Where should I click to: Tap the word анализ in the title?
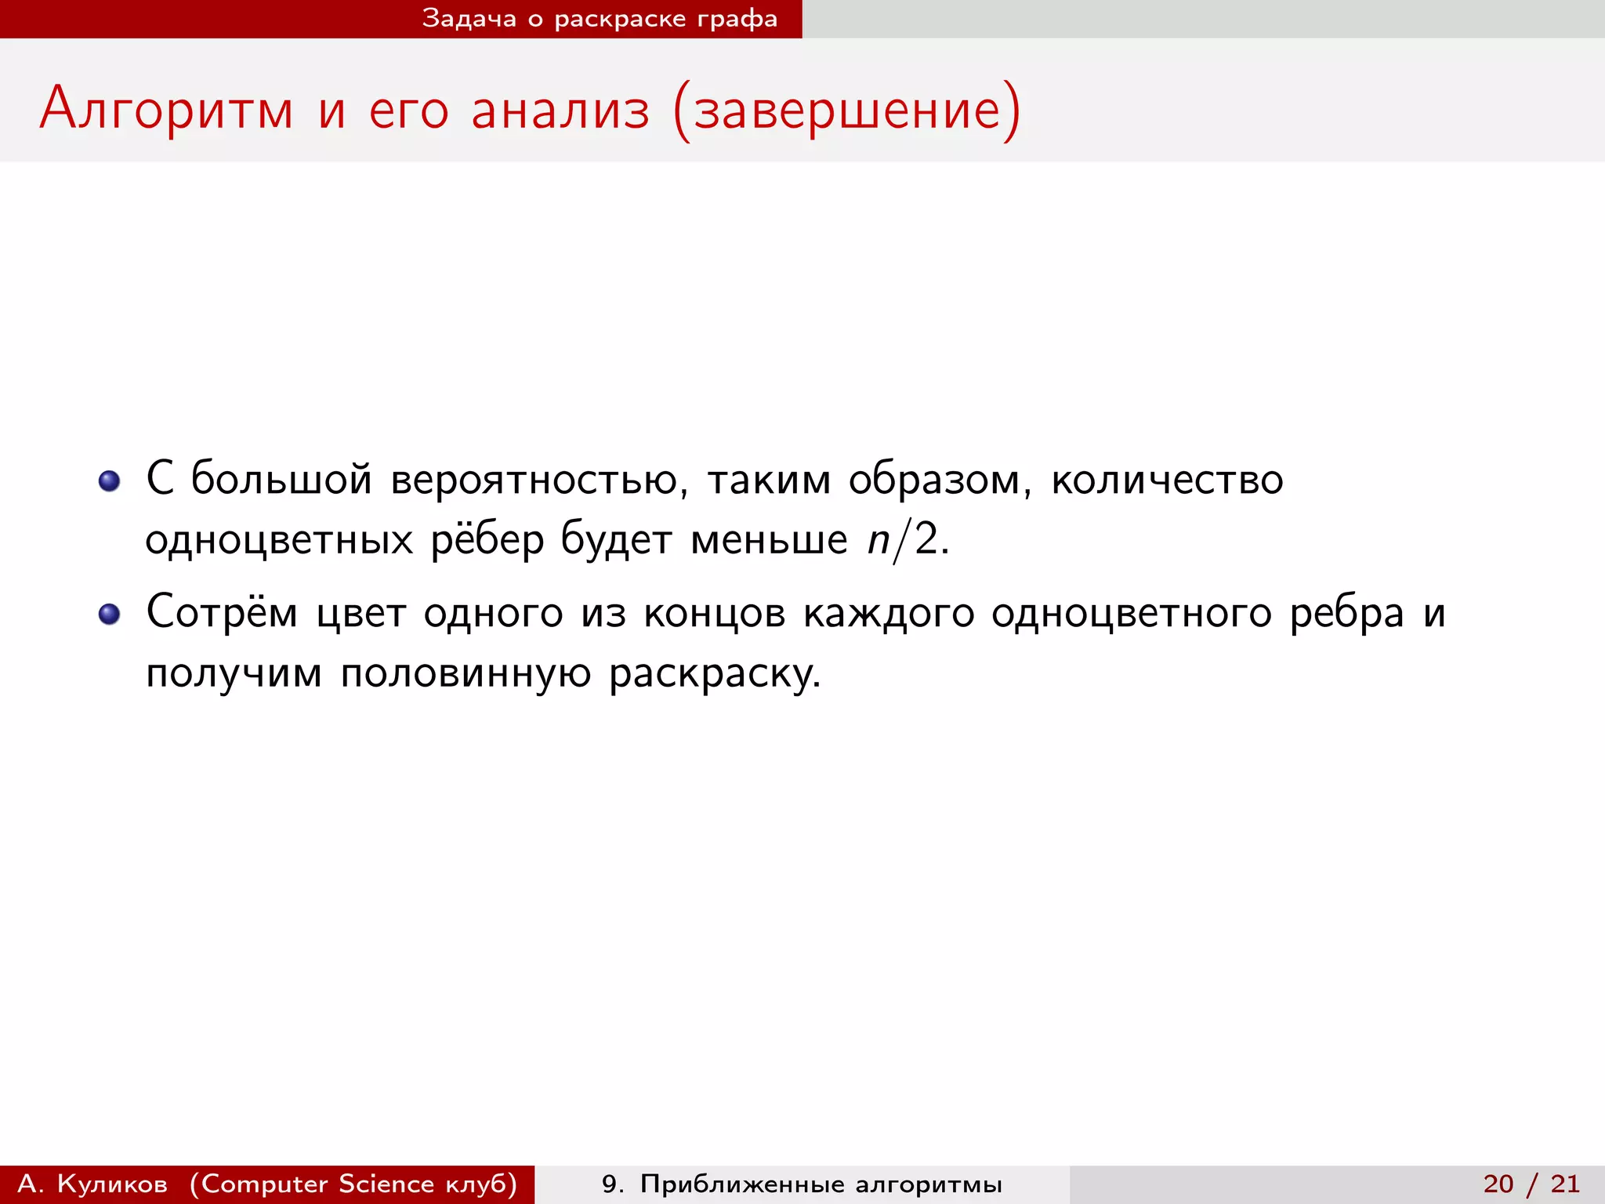coord(560,110)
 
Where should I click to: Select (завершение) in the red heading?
coord(847,110)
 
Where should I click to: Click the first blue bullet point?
coord(110,481)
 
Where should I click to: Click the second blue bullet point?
coord(110,614)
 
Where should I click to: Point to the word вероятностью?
coord(539,480)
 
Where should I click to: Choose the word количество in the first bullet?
coord(1167,480)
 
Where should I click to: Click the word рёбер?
coord(487,540)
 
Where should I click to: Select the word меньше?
coord(769,540)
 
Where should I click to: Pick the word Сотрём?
coord(222,612)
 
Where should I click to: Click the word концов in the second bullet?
coord(714,614)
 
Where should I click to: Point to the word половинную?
coord(466,673)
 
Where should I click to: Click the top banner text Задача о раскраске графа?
coord(600,19)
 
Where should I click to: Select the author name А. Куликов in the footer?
coord(92,1184)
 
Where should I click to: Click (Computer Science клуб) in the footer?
coord(353,1184)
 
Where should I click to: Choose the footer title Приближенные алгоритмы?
coord(821,1184)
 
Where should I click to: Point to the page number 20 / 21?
coord(1531,1184)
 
